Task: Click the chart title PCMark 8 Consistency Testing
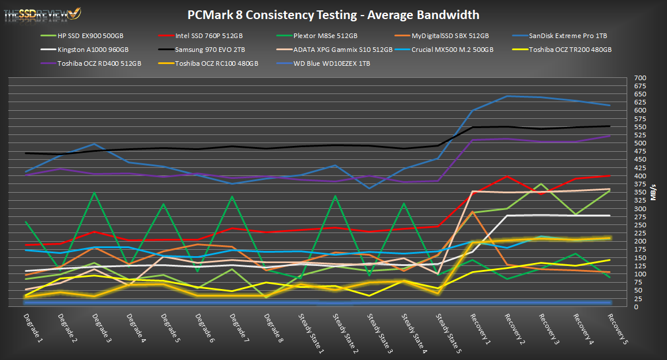point(333,14)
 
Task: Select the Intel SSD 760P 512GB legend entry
point(209,36)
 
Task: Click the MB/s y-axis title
point(653,192)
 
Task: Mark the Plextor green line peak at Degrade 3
point(94,193)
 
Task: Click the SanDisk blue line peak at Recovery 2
point(506,96)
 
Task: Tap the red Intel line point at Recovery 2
point(506,176)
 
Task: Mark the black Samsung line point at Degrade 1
point(26,153)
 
